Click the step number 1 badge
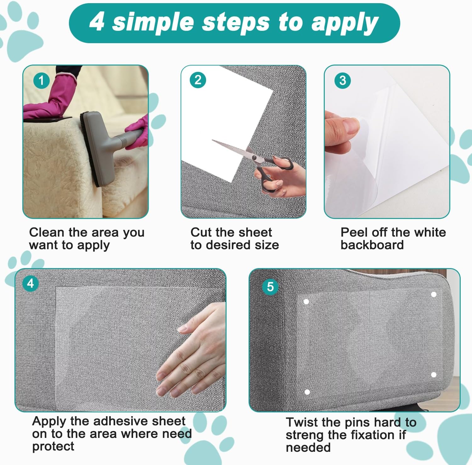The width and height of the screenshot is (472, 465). [x=41, y=81]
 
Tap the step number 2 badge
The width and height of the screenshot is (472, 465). [x=198, y=80]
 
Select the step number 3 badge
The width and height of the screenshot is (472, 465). [x=343, y=80]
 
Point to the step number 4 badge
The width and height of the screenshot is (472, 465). [x=31, y=284]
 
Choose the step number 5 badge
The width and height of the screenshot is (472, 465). [x=270, y=287]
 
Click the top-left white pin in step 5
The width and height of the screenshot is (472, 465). [x=306, y=301]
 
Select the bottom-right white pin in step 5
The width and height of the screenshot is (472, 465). [x=434, y=375]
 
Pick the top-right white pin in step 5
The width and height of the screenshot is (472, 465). [x=434, y=295]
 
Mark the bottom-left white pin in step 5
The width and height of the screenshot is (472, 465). [x=307, y=392]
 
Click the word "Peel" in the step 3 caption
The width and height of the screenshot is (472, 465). [x=354, y=232]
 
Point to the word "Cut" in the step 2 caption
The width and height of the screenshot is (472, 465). [x=201, y=232]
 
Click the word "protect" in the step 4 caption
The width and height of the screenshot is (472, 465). [x=53, y=446]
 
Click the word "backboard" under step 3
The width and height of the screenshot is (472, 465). [x=372, y=245]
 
